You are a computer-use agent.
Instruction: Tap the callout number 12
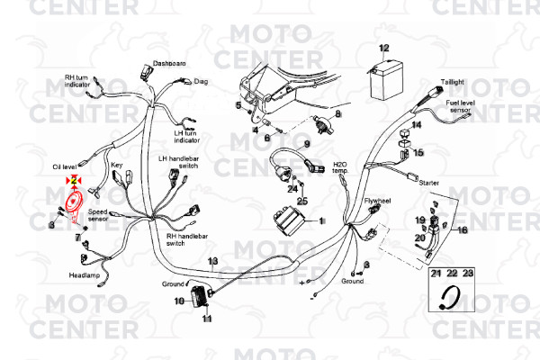pyautogui.click(x=384, y=48)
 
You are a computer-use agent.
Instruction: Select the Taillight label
pyautogui.click(x=453, y=82)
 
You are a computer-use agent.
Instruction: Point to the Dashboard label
pyautogui.click(x=169, y=64)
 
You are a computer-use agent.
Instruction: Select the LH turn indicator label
pyautogui.click(x=187, y=136)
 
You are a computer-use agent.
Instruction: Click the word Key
pyautogui.click(x=116, y=165)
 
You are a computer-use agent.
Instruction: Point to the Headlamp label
pyautogui.click(x=84, y=274)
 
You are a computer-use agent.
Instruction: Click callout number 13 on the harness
pyautogui.click(x=212, y=262)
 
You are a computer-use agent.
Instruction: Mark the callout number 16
pyautogui.click(x=463, y=229)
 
